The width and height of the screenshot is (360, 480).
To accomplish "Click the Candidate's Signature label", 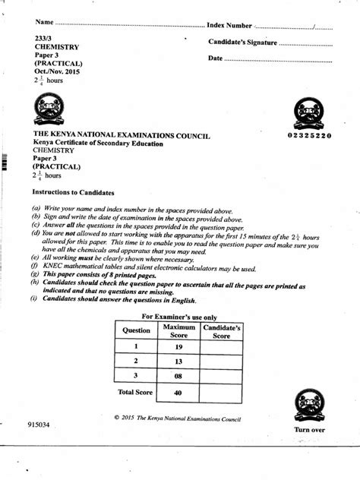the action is tap(243, 43).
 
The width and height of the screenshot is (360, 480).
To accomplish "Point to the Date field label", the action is tap(215, 58).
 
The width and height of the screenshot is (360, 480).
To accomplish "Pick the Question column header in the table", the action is tap(137, 331).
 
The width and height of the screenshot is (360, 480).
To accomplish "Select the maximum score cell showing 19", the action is tap(179, 347).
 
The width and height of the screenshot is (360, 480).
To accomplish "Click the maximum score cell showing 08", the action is tap(179, 376).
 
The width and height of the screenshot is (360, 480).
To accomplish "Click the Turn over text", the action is tap(309, 430).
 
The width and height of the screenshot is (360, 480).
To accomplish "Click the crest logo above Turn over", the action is tap(308, 402).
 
